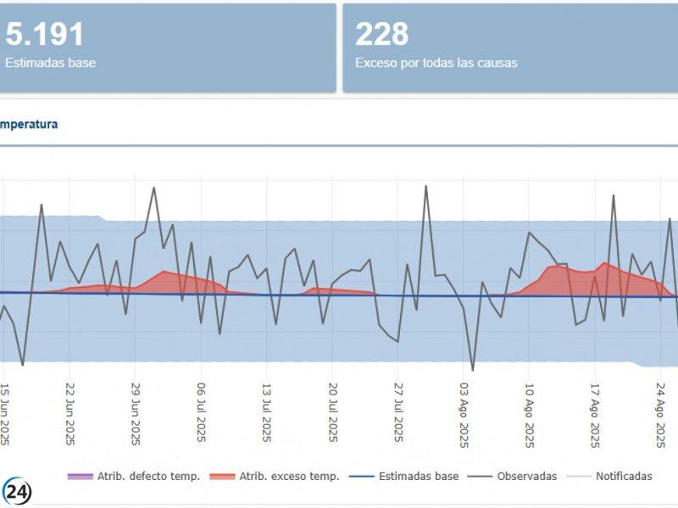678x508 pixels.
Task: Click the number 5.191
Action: point(45,35)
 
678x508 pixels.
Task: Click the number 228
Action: point(381,35)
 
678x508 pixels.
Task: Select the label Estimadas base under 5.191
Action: point(50,63)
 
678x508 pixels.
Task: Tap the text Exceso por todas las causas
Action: point(436,63)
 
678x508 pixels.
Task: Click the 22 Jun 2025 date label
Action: point(70,414)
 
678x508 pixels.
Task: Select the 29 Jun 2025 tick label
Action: point(136,414)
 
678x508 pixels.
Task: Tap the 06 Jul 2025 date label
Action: point(202,414)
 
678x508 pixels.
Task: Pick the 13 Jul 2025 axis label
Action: point(267,414)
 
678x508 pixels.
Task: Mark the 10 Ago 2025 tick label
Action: point(530,414)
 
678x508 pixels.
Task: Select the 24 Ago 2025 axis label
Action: point(661,414)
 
